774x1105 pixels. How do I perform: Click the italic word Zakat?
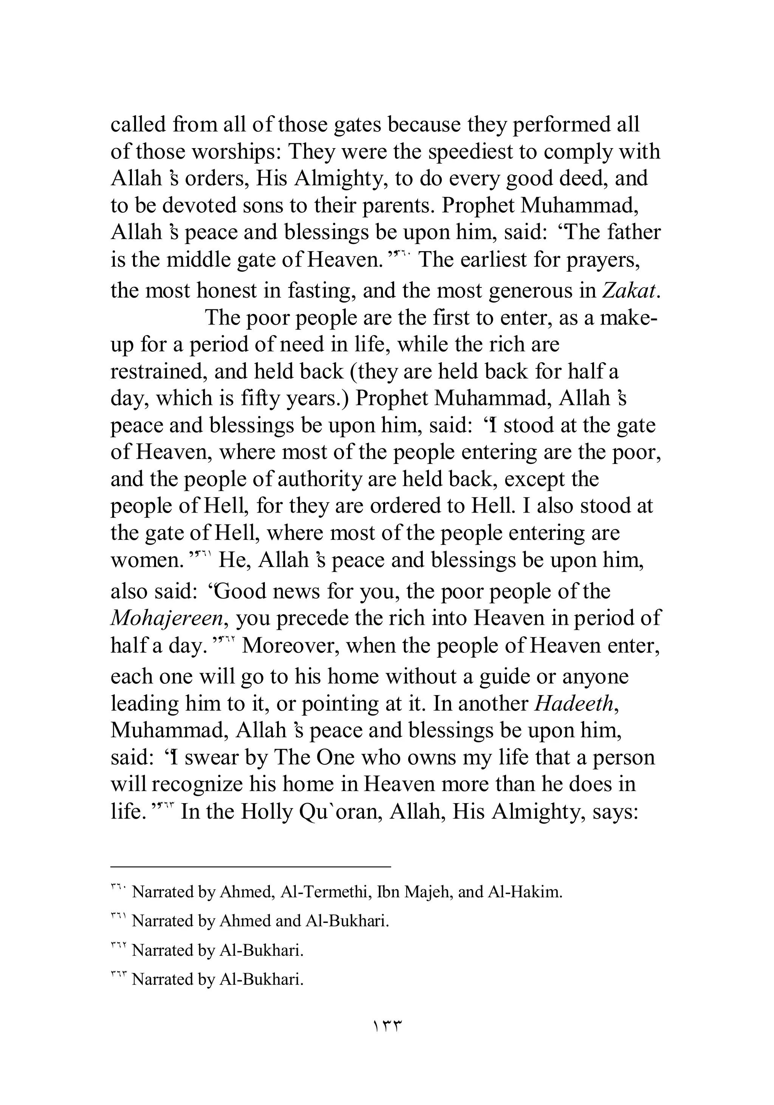[630, 291]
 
